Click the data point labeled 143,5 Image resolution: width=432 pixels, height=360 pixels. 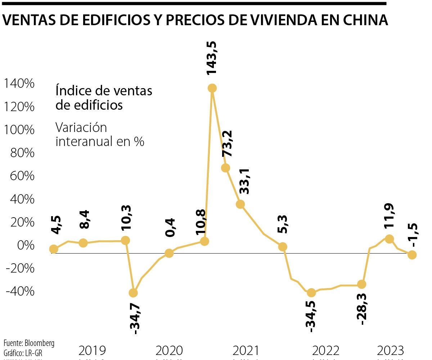tap(212, 88)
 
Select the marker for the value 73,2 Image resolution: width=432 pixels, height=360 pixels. tap(226, 168)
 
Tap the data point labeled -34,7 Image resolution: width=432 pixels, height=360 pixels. tap(133, 293)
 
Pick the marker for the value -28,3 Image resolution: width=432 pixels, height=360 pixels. tap(362, 284)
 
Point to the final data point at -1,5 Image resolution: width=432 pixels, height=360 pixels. tap(412, 255)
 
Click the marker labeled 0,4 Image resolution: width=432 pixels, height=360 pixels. tap(169, 253)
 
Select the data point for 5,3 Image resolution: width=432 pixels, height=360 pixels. tap(283, 247)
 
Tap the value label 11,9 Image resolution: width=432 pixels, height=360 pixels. tap(389, 216)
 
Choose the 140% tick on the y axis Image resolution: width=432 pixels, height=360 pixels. tap(18, 84)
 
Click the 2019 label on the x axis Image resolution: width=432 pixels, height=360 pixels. tap(92, 350)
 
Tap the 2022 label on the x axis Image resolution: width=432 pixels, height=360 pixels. tap(326, 350)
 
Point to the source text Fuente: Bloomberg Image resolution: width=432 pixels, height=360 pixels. tap(29, 343)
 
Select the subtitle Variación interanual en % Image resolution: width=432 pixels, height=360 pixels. tap(100, 135)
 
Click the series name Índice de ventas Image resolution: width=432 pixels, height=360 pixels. tap(104, 91)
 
